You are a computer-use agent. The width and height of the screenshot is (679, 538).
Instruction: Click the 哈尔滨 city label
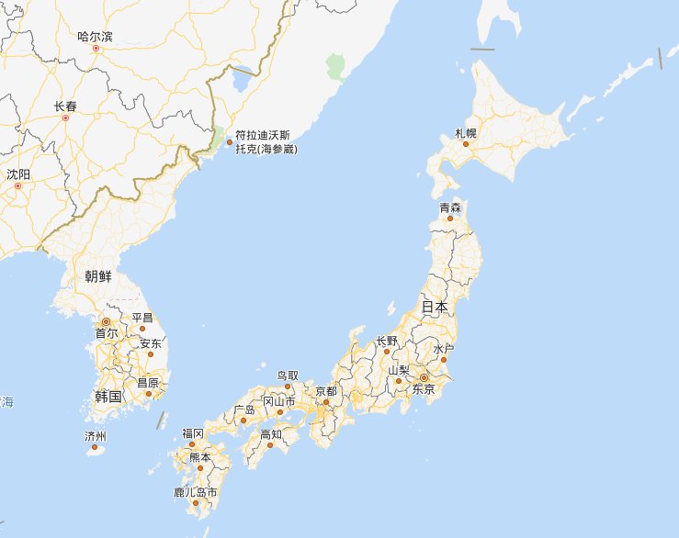coord(96,37)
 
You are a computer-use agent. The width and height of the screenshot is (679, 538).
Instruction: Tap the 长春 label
coord(65,106)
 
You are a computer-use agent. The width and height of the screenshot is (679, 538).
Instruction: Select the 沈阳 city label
coord(18,174)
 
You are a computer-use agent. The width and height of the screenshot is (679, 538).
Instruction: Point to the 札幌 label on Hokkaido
coord(466,133)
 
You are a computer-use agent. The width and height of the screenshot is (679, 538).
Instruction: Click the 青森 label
coord(450,207)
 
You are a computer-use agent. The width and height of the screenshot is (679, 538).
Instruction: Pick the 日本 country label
coord(435,308)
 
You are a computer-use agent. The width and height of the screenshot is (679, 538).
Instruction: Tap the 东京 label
coord(424,389)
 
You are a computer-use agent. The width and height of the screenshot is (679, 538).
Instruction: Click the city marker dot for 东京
coord(424,377)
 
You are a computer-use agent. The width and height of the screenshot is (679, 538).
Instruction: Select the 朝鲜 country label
coord(100,276)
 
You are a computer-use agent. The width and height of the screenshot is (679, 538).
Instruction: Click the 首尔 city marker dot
coord(106,322)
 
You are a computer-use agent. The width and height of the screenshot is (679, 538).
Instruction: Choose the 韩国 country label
coord(108,397)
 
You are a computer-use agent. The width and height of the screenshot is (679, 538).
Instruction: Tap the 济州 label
coord(96,436)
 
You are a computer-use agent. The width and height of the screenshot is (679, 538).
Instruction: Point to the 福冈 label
coord(192,433)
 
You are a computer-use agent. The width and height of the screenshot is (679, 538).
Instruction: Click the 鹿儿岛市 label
coord(196,493)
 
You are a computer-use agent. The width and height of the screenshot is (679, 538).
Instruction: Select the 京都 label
coord(326,390)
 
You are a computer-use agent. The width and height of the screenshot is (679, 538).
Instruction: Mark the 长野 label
coord(388,341)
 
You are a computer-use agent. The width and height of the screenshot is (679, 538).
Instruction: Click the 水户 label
coord(444,350)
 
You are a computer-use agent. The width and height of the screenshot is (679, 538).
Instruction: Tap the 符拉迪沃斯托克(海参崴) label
coord(266,141)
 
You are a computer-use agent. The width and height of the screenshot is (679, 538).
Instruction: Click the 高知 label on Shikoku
coord(271,434)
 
